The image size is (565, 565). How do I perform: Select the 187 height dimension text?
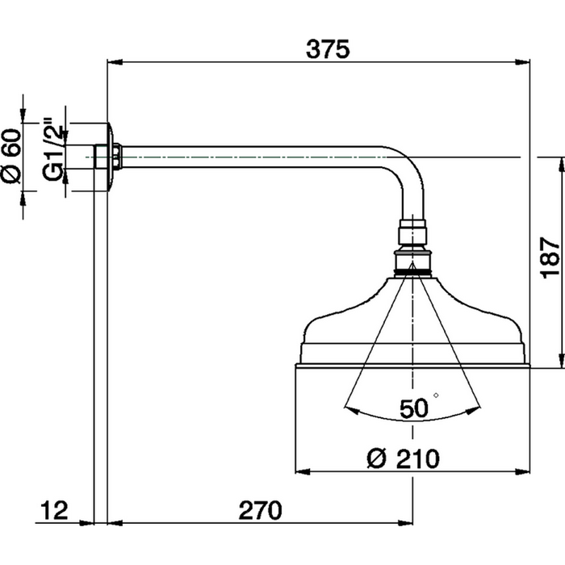point(548,259)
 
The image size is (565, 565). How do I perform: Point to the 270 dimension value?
point(260,510)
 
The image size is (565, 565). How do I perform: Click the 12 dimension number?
point(54,510)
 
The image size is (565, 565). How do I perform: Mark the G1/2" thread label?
point(52,153)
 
